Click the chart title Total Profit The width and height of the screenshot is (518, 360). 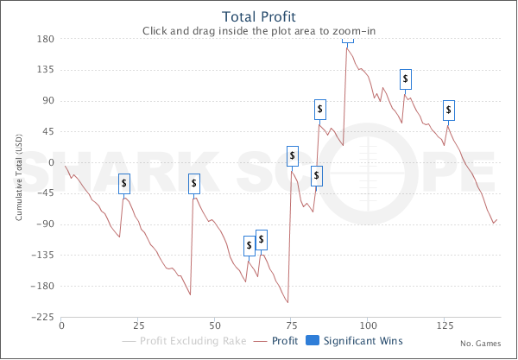258,16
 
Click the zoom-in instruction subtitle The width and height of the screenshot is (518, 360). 258,30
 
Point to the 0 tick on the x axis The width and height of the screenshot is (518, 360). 61,327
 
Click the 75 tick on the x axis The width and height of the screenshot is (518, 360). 292,327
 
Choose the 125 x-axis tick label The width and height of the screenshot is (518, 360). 445,327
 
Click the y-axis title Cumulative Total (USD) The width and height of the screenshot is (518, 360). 20,177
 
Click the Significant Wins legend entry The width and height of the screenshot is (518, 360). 355,342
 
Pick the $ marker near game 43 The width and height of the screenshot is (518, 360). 194,183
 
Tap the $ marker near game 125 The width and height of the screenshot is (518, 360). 449,110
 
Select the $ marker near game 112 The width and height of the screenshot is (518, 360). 406,79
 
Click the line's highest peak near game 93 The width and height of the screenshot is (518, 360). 347,48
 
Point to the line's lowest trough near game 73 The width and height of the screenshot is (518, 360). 287,302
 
